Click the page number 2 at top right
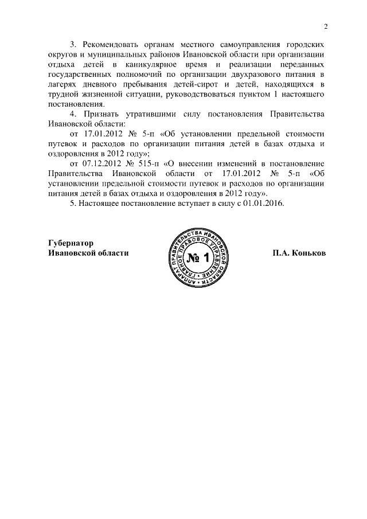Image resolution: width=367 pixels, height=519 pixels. click(x=325, y=26)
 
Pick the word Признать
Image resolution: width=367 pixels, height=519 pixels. click(x=99, y=116)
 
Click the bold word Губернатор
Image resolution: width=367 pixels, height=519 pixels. click(x=71, y=243)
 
